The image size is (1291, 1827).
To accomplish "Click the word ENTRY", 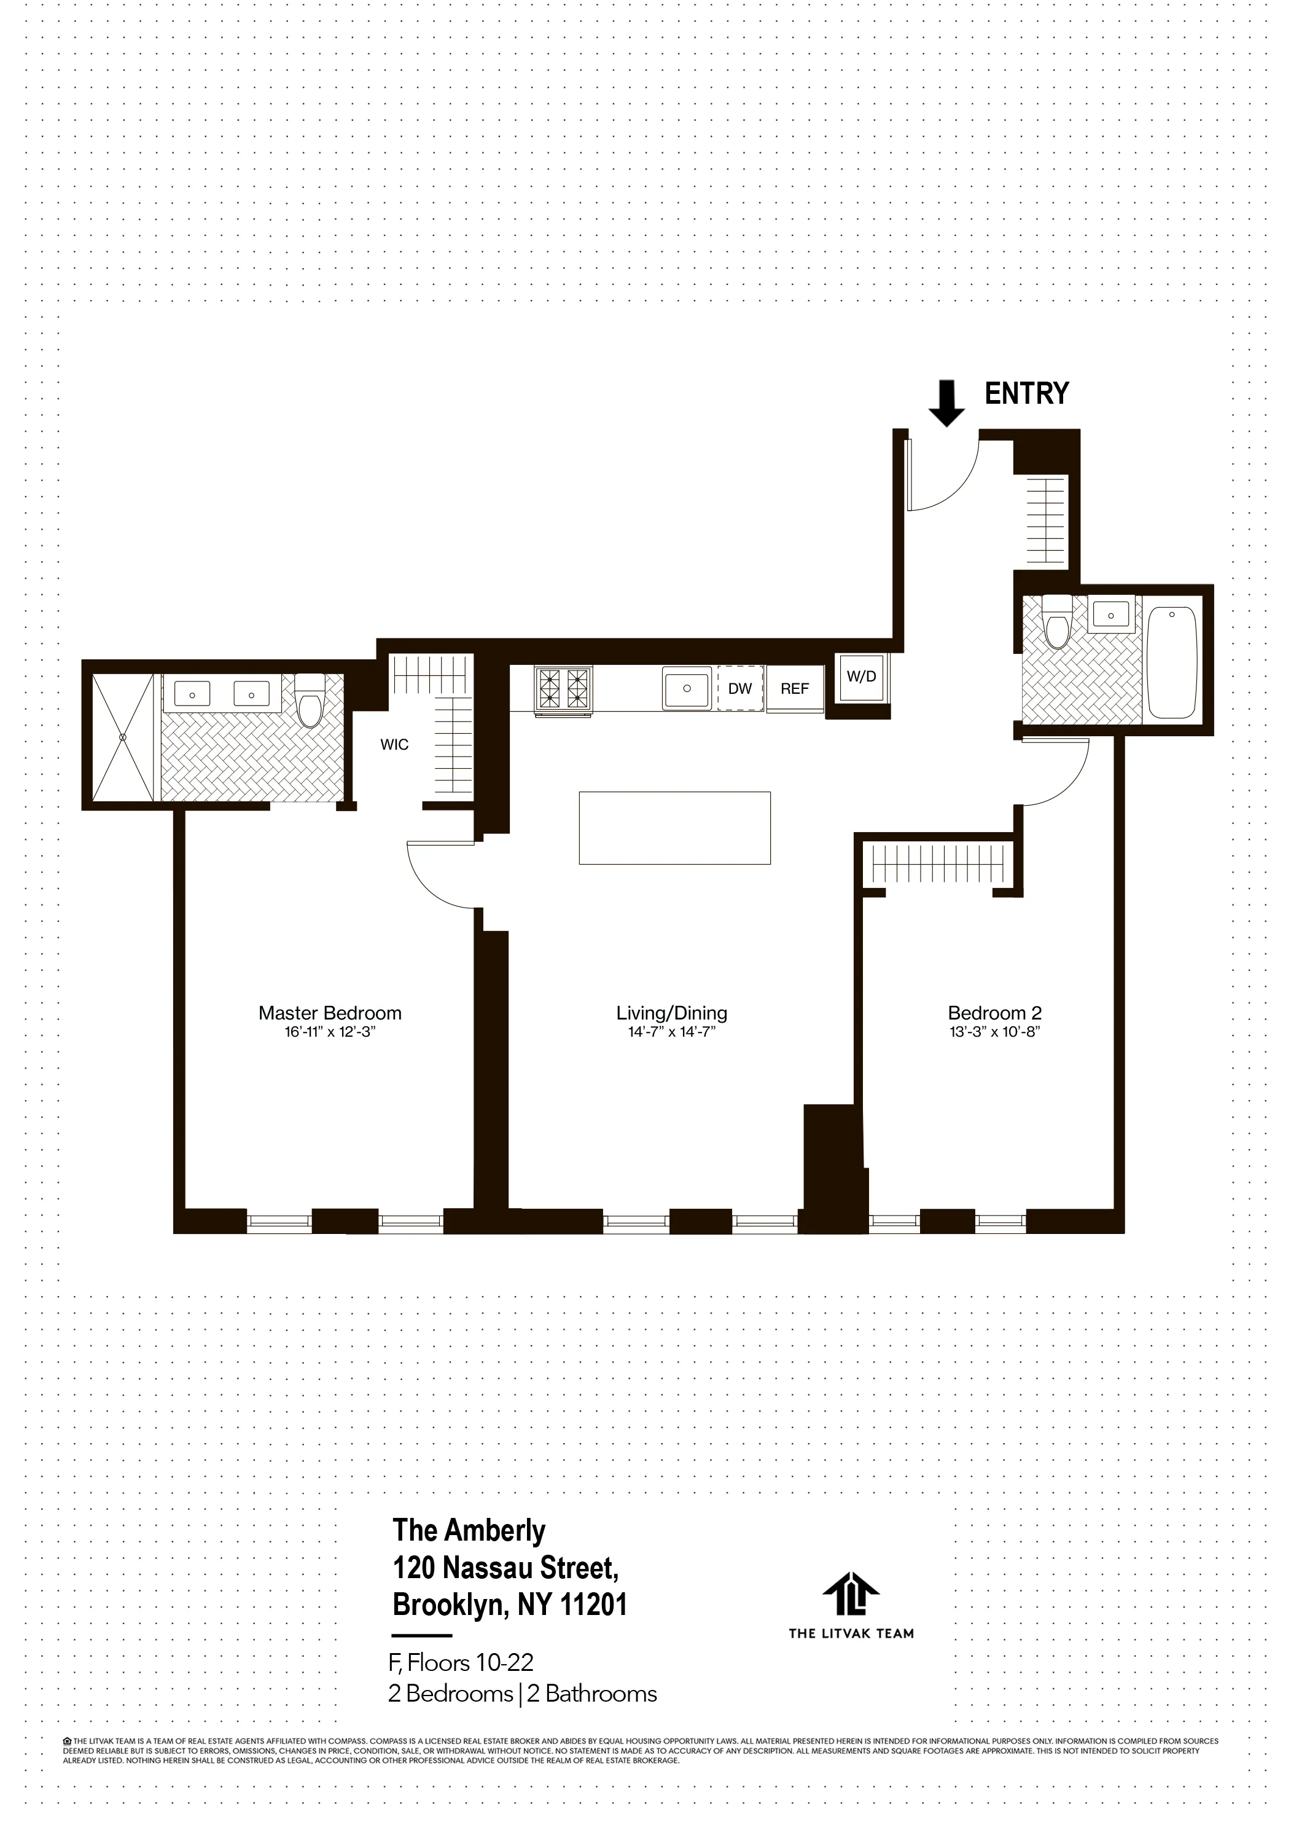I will [x=1026, y=394].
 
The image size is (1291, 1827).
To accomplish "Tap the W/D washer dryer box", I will [x=862, y=677].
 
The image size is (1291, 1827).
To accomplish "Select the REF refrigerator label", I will [x=794, y=689].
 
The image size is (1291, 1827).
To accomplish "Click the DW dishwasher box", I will [x=739, y=689].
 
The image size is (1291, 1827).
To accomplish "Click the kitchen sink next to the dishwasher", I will [x=685, y=688].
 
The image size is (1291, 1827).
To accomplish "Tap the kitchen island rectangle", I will [x=674, y=828].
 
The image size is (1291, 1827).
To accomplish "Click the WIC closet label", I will [x=394, y=745].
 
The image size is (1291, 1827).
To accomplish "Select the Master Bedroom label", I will [x=329, y=1013].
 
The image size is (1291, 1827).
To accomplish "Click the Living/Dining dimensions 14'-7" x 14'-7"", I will [x=671, y=1032].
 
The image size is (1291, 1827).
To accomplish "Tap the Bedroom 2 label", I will [x=994, y=1013].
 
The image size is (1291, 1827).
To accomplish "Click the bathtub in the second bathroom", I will [x=1172, y=664].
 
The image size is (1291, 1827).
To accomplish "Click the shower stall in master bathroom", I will [x=122, y=737].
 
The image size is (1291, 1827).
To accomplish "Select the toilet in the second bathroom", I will [x=1057, y=621].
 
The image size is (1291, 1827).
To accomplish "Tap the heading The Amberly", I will [x=469, y=1530].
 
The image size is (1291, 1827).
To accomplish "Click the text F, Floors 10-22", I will [x=461, y=1662].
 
